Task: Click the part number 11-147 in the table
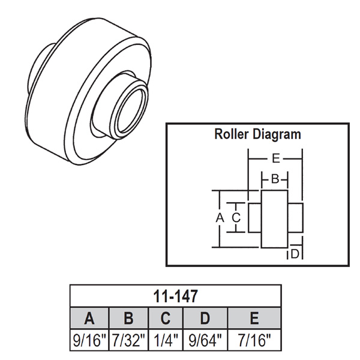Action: coord(175,295)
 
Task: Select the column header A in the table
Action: coord(89,317)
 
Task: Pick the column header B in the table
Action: coord(128,317)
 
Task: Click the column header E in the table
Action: coord(255,317)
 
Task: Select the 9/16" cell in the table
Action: coord(89,340)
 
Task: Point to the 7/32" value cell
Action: coord(128,340)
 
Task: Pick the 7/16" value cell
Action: coord(255,340)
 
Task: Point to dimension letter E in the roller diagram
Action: coord(275,159)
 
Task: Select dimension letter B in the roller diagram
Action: coord(274,179)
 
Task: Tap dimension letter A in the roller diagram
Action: coord(220,218)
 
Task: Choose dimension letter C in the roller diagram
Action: coord(236,218)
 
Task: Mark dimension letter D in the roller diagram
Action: coord(295,254)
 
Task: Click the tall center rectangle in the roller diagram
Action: coord(274,218)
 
